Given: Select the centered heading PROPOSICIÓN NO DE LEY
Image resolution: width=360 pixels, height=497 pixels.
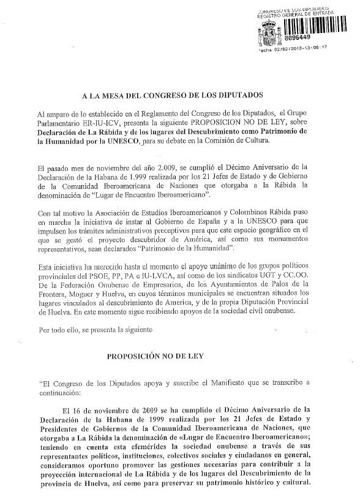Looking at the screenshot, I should (x=168, y=355).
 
